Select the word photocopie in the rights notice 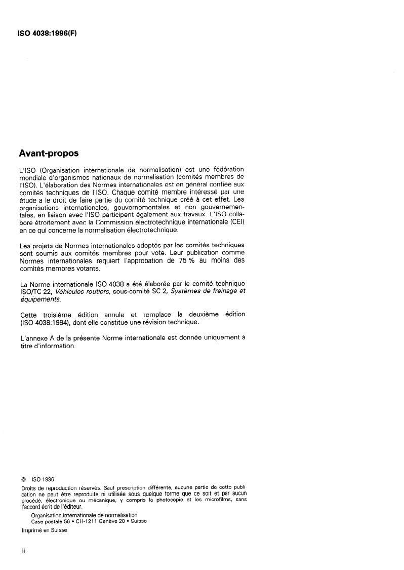168,500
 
